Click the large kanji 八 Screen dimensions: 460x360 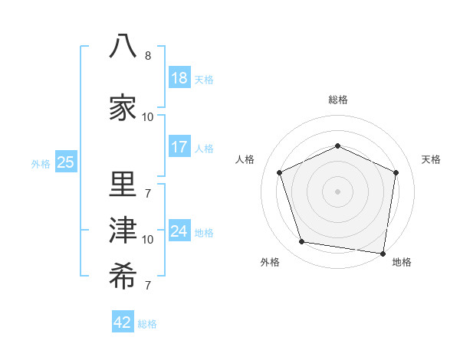123,46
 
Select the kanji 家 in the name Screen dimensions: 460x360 123,107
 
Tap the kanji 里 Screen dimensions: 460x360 123,184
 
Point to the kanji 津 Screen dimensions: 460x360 123,230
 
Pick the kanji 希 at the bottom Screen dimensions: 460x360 123,276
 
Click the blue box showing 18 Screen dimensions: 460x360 179,77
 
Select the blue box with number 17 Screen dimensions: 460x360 179,146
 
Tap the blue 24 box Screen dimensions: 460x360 179,230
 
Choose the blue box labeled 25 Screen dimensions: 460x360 66,162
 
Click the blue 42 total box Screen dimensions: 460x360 123,321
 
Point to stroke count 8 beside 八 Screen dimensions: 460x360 148,56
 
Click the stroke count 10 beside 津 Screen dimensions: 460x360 147,240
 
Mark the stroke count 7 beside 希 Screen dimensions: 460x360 148,285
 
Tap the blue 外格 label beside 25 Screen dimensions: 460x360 41,164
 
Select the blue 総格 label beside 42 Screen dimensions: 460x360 147,324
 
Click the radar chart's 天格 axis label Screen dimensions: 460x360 431,159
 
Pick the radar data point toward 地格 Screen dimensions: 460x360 383,254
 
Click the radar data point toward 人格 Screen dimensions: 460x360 279,172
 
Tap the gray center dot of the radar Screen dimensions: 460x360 337,191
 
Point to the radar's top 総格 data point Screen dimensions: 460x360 337,146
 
